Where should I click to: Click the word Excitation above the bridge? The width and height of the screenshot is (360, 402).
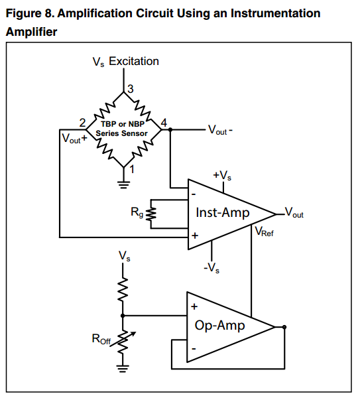click(x=134, y=61)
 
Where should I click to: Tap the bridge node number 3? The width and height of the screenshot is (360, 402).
click(x=131, y=89)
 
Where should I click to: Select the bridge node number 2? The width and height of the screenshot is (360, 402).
click(x=82, y=123)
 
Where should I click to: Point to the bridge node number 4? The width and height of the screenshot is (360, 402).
click(x=164, y=123)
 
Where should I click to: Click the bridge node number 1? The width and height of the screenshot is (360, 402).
click(x=132, y=169)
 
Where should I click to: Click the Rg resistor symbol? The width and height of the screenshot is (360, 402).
click(x=151, y=214)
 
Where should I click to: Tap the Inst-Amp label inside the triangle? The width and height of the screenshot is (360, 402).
click(x=222, y=212)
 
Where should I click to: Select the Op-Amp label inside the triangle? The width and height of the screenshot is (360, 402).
click(x=219, y=325)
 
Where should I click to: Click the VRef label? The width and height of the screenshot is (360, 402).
click(x=264, y=232)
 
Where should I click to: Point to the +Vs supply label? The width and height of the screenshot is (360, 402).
click(x=222, y=175)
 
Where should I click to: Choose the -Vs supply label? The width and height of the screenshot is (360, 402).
click(x=211, y=268)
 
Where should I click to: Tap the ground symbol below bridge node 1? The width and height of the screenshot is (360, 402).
click(x=123, y=185)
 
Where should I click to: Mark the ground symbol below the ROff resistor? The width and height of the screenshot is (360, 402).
click(x=123, y=368)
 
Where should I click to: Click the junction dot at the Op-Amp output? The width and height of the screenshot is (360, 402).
click(x=284, y=327)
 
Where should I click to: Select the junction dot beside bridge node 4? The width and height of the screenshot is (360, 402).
click(x=170, y=130)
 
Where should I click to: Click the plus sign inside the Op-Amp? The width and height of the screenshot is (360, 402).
click(x=194, y=306)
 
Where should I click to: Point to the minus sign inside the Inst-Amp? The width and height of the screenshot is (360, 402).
click(x=194, y=194)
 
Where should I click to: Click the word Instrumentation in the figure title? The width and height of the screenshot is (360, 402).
click(x=275, y=13)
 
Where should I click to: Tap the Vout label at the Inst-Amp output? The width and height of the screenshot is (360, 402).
click(x=294, y=212)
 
